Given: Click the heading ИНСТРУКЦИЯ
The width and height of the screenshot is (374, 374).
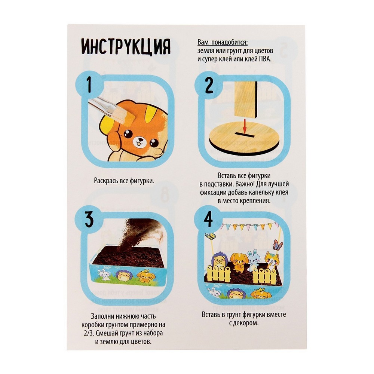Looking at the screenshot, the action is tap(126, 47).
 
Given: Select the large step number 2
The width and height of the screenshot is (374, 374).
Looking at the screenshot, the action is tap(209, 85).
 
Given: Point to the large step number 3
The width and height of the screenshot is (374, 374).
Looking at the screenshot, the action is tap(89, 220).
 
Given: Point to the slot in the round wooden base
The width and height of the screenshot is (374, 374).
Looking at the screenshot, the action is tap(244, 135).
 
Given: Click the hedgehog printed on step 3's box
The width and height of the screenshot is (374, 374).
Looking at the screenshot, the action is tap(123, 275).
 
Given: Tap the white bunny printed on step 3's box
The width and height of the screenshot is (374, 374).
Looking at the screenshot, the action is tap(104, 275).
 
